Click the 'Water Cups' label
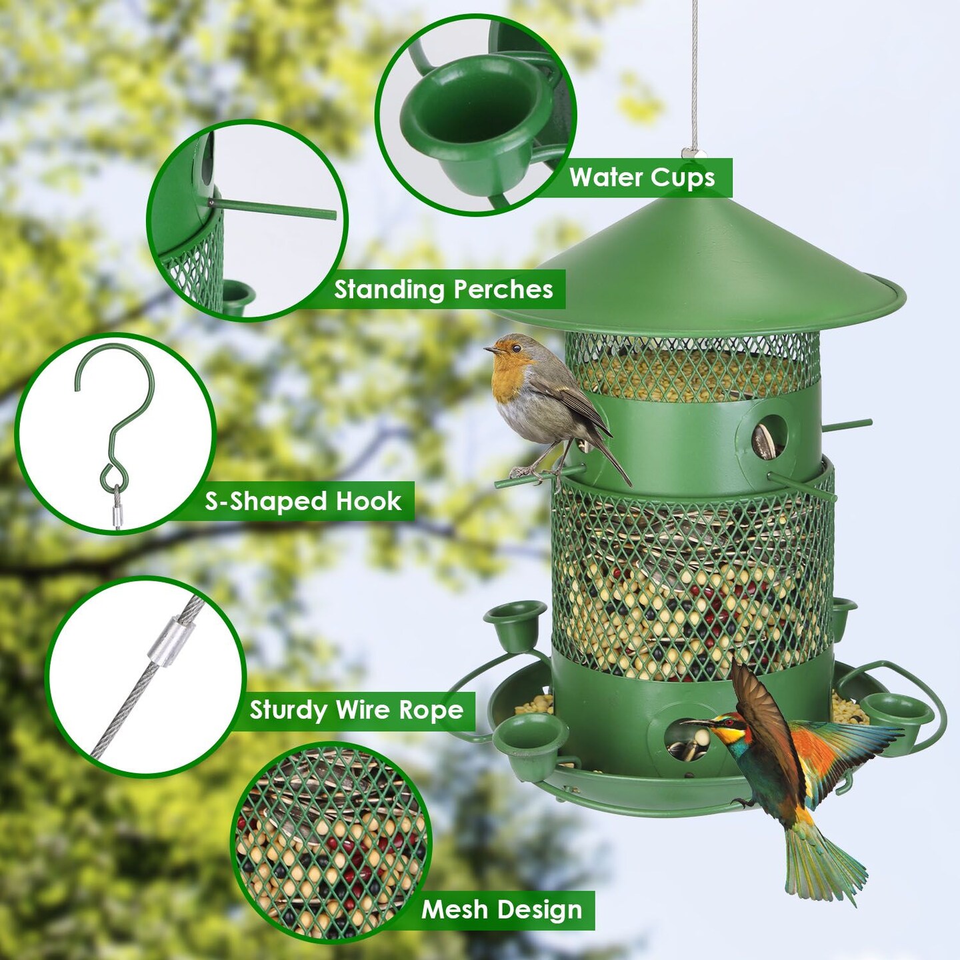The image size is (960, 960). tap(641, 178)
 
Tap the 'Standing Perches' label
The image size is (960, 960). tap(443, 289)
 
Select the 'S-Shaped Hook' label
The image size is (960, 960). tap(303, 502)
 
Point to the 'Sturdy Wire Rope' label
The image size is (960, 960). tap(356, 711)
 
